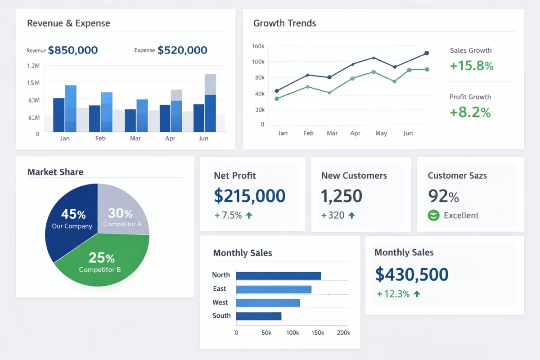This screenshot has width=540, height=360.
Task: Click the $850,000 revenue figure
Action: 72,50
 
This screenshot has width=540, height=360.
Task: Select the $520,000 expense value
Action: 182,50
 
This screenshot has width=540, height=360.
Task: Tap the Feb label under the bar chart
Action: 100,138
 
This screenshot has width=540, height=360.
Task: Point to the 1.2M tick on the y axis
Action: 33,66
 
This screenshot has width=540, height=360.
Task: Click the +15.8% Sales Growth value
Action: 472,66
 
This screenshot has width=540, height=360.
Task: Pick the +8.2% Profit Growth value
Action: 470,112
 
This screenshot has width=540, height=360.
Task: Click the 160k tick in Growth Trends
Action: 258,46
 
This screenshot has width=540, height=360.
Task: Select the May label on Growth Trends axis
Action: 381,133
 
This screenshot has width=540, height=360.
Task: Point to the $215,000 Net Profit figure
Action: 250,196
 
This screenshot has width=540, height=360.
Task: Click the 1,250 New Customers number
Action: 341,196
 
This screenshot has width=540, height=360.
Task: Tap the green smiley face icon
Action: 433,216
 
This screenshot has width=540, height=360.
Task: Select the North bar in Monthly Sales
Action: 278,275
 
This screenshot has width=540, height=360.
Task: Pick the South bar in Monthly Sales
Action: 258,316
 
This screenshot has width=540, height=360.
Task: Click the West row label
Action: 220,302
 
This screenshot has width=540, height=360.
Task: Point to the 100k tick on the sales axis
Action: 292,333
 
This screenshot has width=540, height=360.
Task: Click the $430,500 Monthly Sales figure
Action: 412,274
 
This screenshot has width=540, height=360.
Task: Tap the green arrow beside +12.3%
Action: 417,294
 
